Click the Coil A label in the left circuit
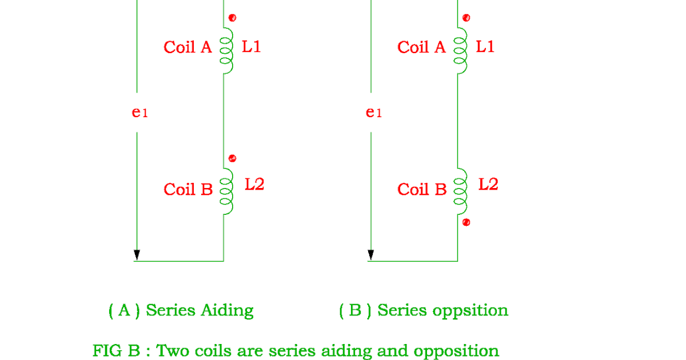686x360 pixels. [x=188, y=47]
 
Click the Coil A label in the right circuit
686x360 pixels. [x=421, y=47]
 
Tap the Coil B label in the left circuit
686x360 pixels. [x=188, y=190]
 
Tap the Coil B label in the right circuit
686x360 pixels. [x=422, y=190]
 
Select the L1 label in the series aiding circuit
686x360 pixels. [x=252, y=47]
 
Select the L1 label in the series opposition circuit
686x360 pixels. [x=485, y=47]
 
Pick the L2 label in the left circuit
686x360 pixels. [x=254, y=185]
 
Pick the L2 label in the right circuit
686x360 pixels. [x=488, y=185]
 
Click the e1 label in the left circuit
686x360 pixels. [x=139, y=113]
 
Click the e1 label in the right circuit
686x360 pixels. [x=373, y=113]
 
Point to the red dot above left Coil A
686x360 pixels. [x=232, y=18]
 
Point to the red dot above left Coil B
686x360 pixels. [x=232, y=158]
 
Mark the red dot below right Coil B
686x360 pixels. [x=466, y=222]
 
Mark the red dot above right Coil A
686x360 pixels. [x=466, y=18]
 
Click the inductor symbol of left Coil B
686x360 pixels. [x=228, y=190]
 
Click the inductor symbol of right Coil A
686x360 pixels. [x=461, y=50]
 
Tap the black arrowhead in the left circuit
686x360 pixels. [x=137, y=254]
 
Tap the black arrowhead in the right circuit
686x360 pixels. [x=370, y=254]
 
